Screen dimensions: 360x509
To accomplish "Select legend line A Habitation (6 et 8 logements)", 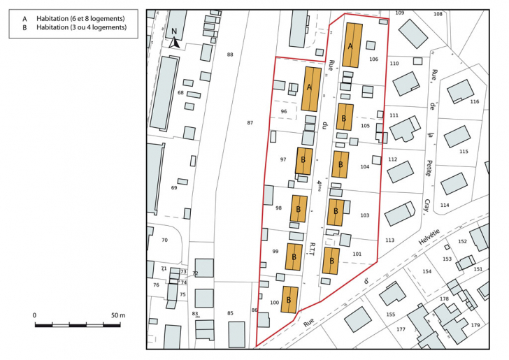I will click(x=73, y=18).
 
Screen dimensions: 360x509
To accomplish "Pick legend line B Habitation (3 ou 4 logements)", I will click(x=73, y=28).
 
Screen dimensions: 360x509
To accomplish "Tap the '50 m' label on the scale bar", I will click(x=117, y=316).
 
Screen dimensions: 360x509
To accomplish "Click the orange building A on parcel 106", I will click(x=352, y=45).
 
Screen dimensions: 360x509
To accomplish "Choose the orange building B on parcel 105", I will click(x=345, y=117).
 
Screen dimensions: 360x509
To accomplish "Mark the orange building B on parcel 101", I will click(x=331, y=260).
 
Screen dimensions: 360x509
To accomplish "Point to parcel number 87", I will click(x=250, y=123).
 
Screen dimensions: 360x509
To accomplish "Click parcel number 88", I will click(x=230, y=55).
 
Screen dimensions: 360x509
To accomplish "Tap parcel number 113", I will click(x=389, y=240).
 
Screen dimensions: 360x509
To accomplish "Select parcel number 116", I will click(x=474, y=102).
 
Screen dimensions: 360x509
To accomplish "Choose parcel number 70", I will click(x=164, y=240).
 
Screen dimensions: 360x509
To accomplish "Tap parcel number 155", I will click(x=390, y=315).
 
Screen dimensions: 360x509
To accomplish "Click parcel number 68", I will click(x=180, y=92).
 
